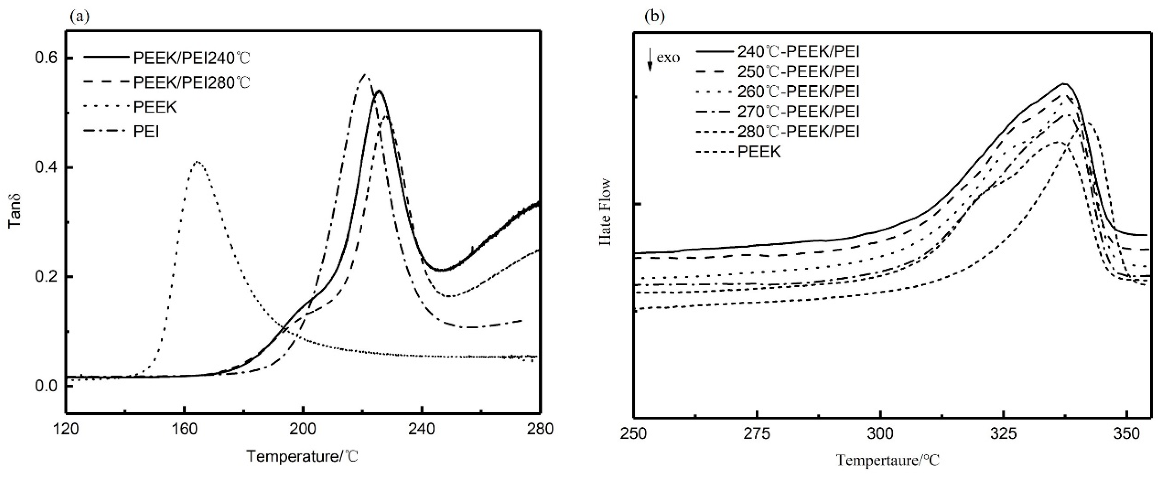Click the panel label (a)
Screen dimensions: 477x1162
(x=79, y=17)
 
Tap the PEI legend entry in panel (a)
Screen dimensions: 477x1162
(x=146, y=132)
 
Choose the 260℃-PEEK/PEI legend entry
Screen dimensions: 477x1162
(x=798, y=92)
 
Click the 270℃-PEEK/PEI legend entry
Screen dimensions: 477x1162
(x=798, y=112)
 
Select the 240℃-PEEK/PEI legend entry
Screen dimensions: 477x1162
(x=798, y=51)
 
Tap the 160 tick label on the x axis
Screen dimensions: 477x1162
(x=184, y=428)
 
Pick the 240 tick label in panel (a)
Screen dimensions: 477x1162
(x=422, y=428)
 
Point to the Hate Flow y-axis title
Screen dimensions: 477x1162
(x=606, y=212)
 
